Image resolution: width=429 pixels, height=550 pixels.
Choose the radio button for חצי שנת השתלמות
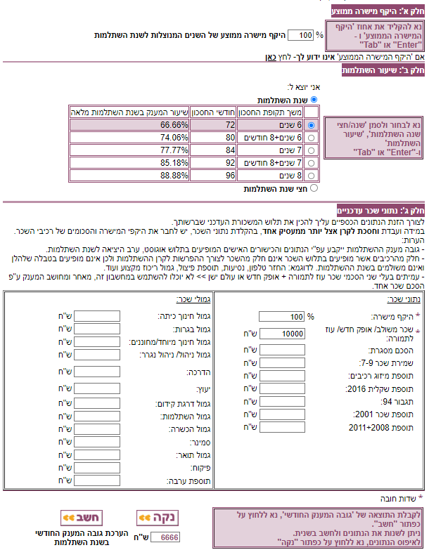314,188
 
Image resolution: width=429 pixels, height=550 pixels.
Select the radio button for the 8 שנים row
313,176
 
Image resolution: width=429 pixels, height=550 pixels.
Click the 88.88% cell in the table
129,176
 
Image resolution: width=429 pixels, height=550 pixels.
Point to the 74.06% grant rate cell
129,138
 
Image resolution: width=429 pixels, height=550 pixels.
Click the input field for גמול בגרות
97,329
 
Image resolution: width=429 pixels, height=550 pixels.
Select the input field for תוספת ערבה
97,481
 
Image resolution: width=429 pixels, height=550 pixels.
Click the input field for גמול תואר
97,454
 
